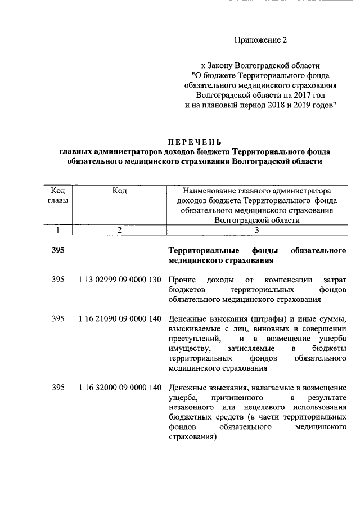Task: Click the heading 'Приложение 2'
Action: tap(260, 40)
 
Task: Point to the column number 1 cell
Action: tap(57, 229)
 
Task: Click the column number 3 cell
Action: tap(256, 229)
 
